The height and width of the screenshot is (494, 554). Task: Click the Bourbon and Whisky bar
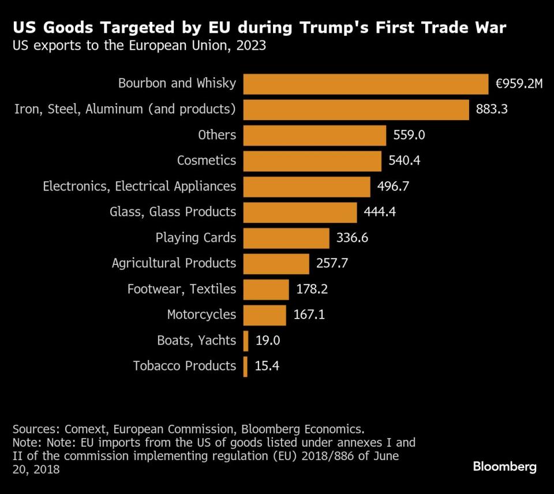click(366, 84)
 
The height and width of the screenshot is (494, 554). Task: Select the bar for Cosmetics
click(312, 161)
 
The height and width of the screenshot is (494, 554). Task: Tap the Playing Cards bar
click(286, 238)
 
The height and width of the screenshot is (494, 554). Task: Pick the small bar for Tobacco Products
click(246, 366)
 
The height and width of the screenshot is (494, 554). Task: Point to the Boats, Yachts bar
click(246, 340)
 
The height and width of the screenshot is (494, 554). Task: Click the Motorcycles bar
click(265, 315)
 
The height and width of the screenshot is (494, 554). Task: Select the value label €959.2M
click(519, 84)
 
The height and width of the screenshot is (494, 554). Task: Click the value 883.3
click(492, 109)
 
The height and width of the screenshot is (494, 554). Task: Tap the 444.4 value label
click(380, 212)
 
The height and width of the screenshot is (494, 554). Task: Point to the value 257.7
click(332, 263)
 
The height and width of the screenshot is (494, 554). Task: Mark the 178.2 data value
click(312, 289)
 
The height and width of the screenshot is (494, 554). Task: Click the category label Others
click(217, 135)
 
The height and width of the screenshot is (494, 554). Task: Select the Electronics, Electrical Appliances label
click(140, 186)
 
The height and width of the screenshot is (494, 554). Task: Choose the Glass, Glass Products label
click(173, 212)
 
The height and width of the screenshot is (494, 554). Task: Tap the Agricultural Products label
click(174, 263)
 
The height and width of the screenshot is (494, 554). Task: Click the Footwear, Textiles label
click(182, 289)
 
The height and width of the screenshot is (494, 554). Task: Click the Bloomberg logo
click(505, 467)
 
